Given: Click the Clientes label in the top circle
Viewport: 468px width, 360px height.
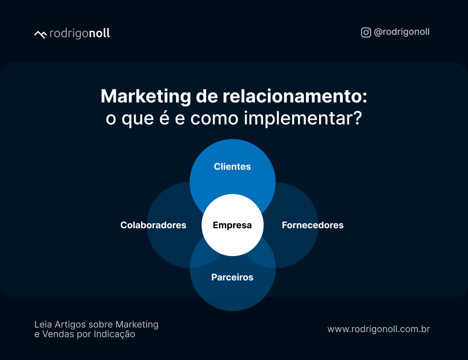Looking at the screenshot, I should [232, 167].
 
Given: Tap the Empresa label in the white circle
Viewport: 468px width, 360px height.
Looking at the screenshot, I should [232, 225].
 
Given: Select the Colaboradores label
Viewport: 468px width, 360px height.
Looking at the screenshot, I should [153, 225].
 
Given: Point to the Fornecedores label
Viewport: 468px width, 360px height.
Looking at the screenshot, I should [313, 225].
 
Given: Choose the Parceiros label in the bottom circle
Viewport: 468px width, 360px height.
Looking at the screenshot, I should [232, 277].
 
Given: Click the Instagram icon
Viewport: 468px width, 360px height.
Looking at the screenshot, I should [366, 32].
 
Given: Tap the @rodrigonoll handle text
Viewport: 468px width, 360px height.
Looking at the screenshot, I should [402, 32].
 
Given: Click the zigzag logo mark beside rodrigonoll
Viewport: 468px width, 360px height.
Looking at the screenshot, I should [40, 34].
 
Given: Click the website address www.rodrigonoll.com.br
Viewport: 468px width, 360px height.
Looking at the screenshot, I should [378, 329].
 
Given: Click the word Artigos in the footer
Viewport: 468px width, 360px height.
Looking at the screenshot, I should [69, 324].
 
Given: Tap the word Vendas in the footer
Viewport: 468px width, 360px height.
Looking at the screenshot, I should [57, 334].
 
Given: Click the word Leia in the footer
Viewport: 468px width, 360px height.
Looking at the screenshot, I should [43, 324].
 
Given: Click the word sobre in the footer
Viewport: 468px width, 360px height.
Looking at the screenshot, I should [101, 324].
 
